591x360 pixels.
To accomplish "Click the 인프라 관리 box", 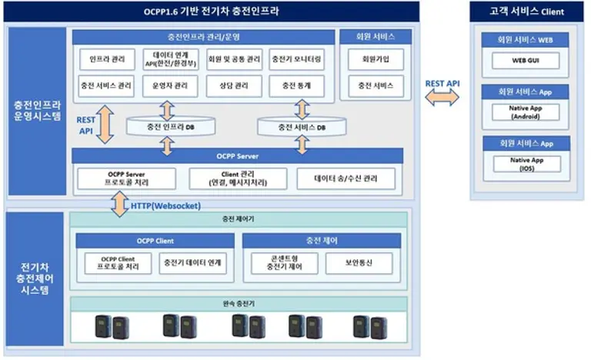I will tap(107, 59).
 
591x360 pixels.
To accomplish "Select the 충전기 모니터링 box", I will tap(295, 59).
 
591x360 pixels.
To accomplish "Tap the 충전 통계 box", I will tap(295, 86).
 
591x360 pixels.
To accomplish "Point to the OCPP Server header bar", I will tap(237, 156).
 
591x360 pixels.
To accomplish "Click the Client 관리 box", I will tap(236, 179).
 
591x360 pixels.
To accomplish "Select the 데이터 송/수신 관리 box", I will tap(346, 179).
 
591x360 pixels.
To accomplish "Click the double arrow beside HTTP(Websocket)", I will tap(120, 205).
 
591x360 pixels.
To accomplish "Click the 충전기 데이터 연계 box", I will tap(192, 262).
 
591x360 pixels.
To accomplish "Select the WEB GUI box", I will tap(526, 60).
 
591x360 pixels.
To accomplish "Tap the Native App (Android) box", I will tap(526, 112).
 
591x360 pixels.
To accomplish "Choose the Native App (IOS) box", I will tap(526, 164).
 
